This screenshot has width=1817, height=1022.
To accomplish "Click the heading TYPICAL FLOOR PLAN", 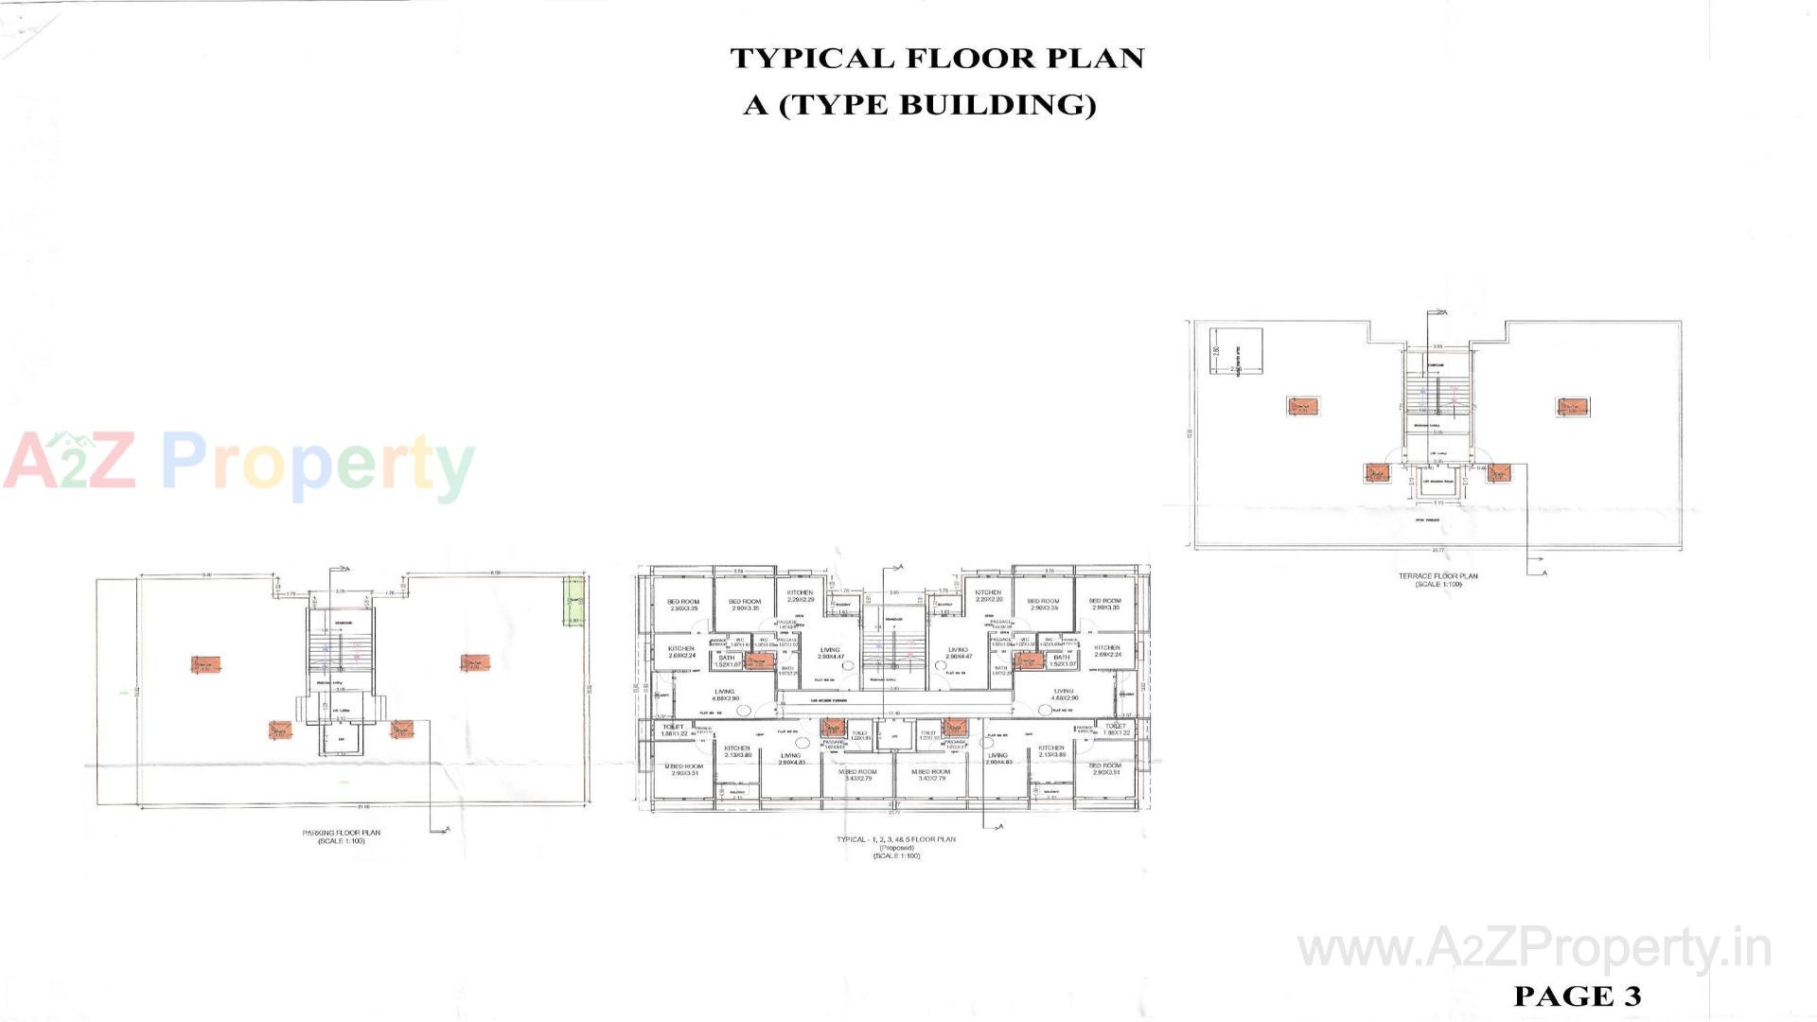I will click(937, 59).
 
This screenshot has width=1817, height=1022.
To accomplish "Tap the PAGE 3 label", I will click(1577, 996).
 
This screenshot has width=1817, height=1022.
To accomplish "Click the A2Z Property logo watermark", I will click(238, 465).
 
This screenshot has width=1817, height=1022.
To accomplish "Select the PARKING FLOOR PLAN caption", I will click(342, 834).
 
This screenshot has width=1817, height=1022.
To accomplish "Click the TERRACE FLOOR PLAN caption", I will click(1438, 576).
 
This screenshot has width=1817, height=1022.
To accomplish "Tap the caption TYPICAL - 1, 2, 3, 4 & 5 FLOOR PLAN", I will click(895, 839).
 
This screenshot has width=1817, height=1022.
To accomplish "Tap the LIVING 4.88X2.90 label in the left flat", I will click(724, 695).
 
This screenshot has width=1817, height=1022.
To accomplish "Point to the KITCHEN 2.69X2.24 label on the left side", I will click(680, 651).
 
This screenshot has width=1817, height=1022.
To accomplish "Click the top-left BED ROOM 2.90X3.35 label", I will click(683, 604).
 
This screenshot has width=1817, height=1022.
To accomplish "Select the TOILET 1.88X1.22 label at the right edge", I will click(1116, 730).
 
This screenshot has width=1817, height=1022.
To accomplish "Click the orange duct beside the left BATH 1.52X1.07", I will click(759, 661).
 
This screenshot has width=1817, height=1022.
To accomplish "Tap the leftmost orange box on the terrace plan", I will click(1302, 407).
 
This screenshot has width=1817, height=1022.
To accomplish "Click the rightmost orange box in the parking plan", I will click(475, 663).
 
